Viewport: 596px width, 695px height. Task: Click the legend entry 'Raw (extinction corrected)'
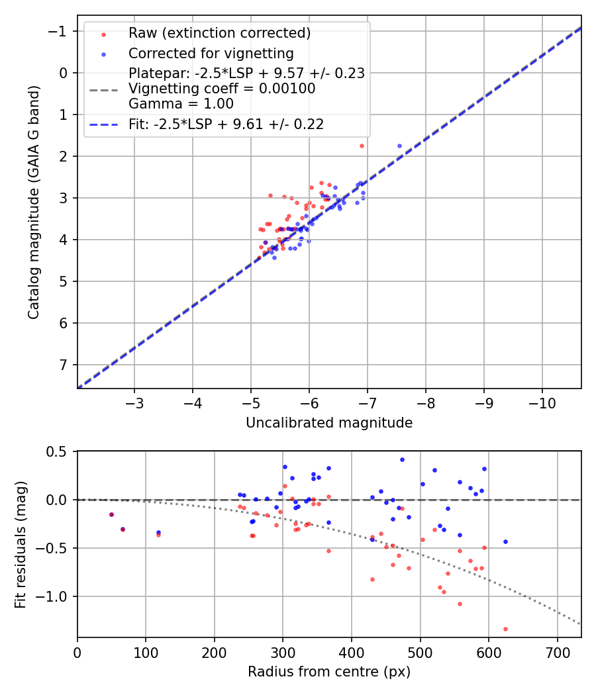coord(219,33)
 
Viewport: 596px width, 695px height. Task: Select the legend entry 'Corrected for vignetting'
coord(211,53)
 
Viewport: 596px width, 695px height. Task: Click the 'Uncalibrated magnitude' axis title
coord(329,423)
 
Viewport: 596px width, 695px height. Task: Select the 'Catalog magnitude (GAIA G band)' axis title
coord(33,202)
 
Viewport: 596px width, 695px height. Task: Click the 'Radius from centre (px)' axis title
coord(329,672)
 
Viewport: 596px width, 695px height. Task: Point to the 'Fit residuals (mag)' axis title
coord(21,544)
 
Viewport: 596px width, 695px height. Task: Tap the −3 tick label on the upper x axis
coord(134,403)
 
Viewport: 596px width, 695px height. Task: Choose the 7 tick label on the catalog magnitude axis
coord(64,365)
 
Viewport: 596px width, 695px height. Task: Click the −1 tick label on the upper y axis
coord(60,32)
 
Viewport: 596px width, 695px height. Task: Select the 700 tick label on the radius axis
coord(557,653)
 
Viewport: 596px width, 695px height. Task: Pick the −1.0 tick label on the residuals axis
coord(56,596)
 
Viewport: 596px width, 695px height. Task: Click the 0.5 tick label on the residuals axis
coord(59,451)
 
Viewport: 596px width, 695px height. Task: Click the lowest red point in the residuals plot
coord(505,629)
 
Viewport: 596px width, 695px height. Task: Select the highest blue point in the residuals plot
coord(402,459)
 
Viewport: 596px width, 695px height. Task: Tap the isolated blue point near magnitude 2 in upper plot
coord(399,146)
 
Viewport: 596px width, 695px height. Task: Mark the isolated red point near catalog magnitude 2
coord(362,146)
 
